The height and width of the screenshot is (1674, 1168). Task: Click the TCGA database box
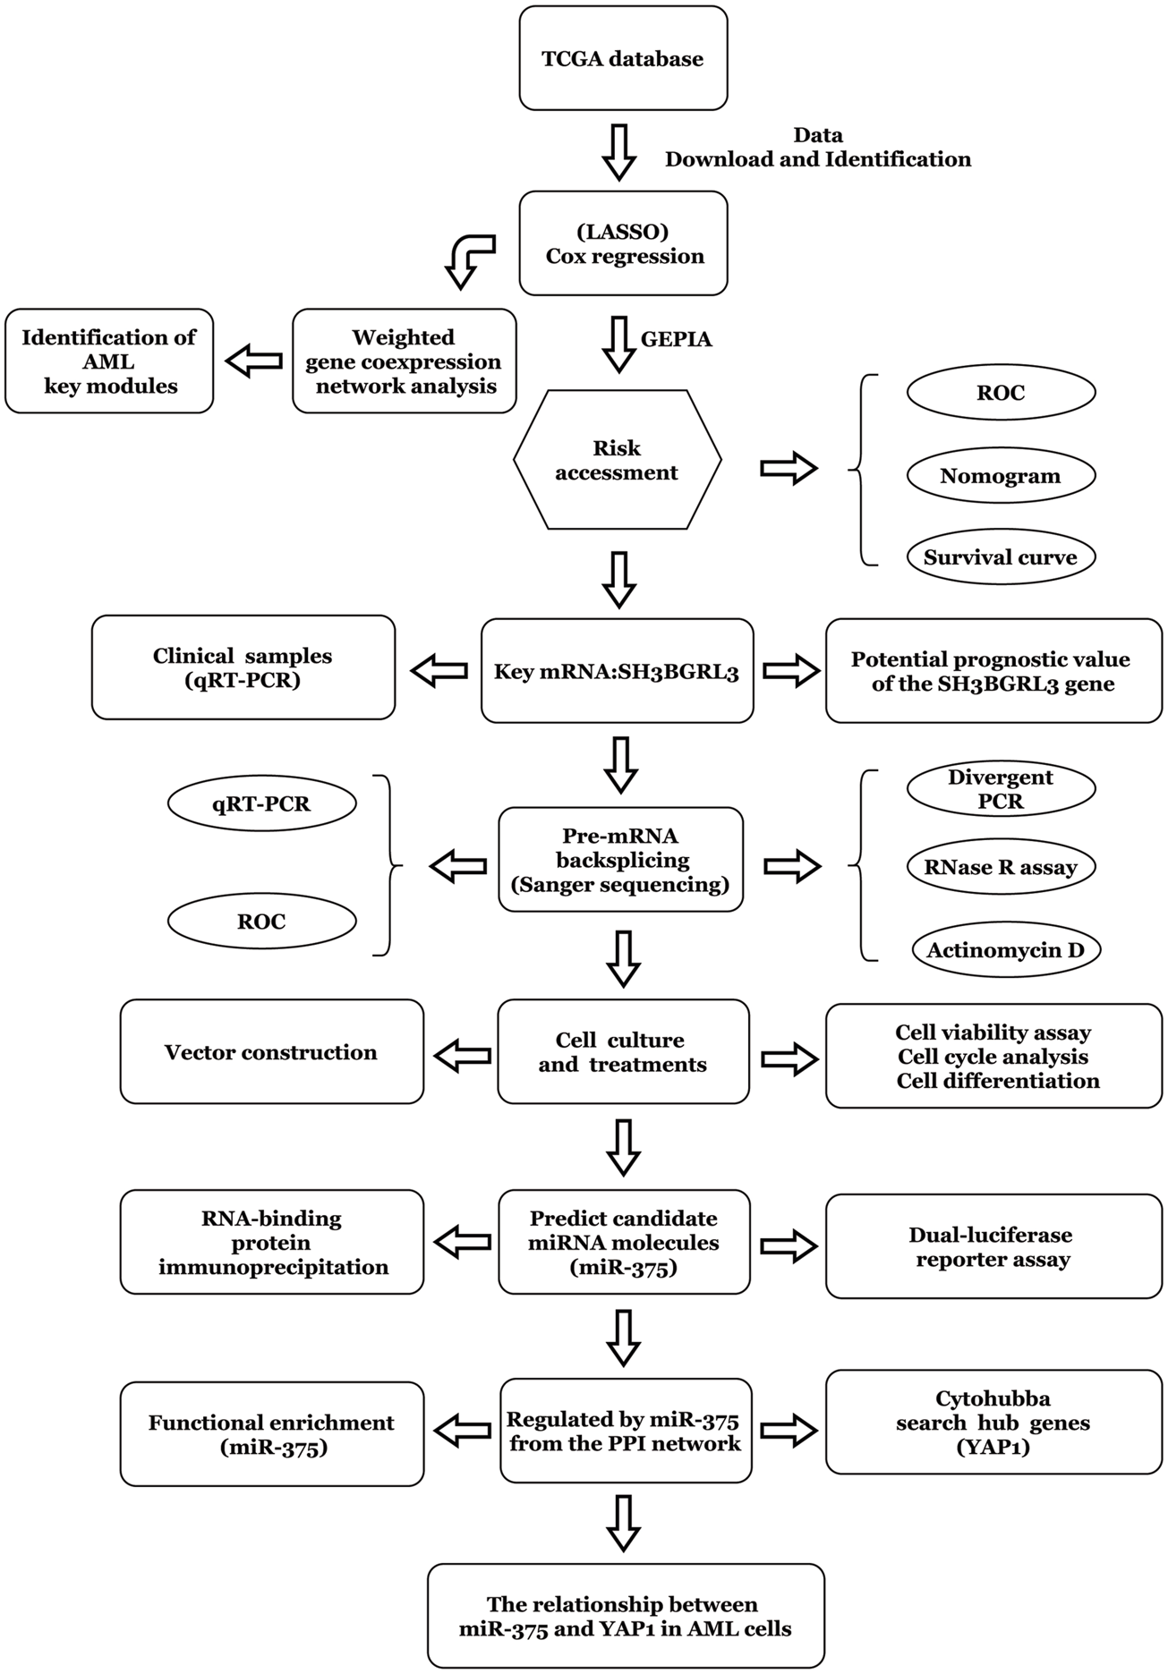click(623, 59)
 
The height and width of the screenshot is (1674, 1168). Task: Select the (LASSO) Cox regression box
click(623, 243)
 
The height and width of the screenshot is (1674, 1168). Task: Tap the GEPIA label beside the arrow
click(676, 340)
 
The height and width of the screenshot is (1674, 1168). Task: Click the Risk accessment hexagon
click(617, 460)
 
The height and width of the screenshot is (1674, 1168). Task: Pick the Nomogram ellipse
click(1000, 476)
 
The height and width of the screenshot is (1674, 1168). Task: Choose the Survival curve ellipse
click(1000, 557)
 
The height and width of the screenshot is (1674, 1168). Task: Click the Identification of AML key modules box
click(109, 361)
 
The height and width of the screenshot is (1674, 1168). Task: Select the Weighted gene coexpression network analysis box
click(404, 361)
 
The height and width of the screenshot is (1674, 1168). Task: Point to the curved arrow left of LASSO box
click(468, 259)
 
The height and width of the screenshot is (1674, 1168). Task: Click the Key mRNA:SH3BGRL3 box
click(617, 672)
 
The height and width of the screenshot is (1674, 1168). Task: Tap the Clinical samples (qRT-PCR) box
click(243, 667)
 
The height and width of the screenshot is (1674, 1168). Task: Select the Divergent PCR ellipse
click(1000, 789)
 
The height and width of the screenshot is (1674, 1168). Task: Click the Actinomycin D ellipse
click(1004, 950)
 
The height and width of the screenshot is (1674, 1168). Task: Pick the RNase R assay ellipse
click(1000, 867)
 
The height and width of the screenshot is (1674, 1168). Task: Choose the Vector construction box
click(271, 1052)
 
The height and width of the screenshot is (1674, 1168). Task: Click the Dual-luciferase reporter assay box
click(993, 1246)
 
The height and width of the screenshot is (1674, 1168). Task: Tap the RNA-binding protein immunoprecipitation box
click(271, 1242)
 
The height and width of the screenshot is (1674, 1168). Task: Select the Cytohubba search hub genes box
click(993, 1422)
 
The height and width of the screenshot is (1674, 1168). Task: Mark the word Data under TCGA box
click(817, 135)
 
